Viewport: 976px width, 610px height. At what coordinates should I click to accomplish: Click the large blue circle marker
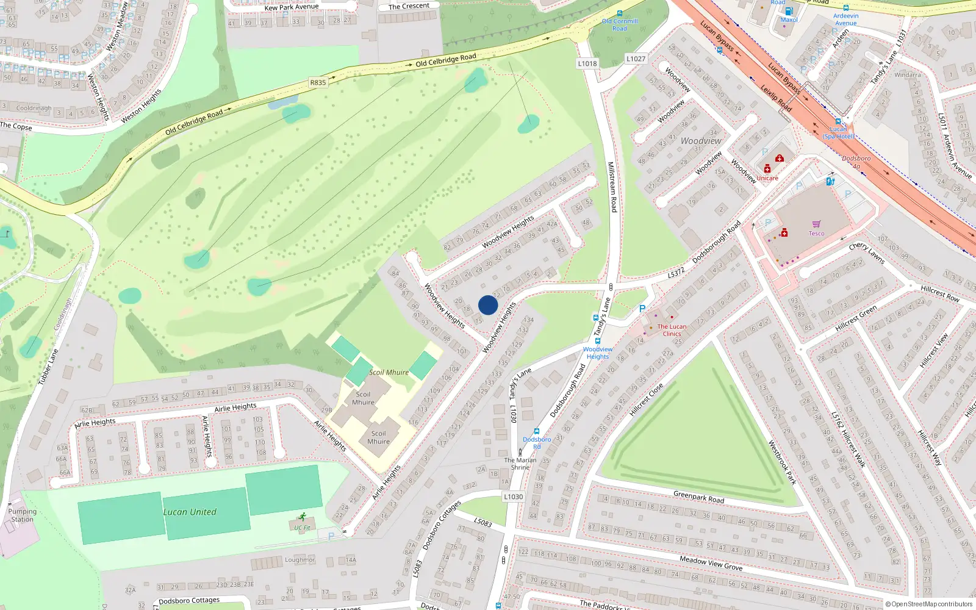click(488, 305)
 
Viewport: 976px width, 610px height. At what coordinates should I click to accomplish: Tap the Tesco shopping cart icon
click(816, 224)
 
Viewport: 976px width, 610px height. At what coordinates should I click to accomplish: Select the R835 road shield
click(318, 82)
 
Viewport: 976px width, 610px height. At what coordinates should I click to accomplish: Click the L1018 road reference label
click(587, 63)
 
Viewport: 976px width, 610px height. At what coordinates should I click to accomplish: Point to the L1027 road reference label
click(636, 59)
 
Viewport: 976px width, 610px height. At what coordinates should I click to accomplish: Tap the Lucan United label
click(190, 512)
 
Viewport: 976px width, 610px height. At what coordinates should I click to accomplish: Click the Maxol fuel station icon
click(789, 11)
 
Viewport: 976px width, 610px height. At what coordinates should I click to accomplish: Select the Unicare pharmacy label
click(767, 178)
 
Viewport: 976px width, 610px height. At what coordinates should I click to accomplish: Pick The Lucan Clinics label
click(672, 330)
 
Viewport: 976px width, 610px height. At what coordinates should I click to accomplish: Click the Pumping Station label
click(23, 515)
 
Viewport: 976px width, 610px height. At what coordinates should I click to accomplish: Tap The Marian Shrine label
click(520, 464)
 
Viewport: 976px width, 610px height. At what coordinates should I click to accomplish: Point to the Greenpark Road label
click(698, 497)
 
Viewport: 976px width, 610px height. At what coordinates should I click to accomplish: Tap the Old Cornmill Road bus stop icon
click(620, 13)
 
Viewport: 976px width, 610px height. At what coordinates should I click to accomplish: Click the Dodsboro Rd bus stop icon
click(536, 431)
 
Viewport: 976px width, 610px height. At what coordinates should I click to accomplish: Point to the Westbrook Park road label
click(782, 462)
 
